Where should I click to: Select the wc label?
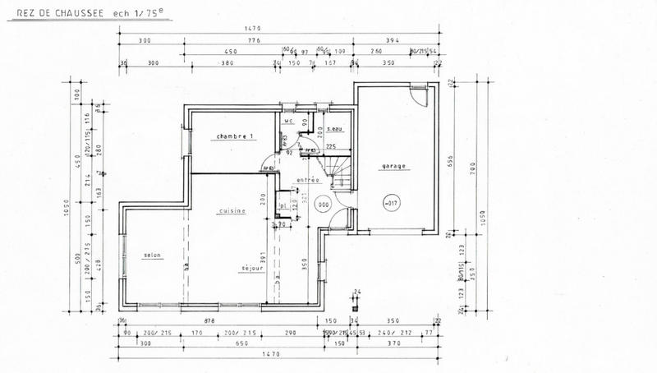coord(288,122)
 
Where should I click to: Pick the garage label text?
coord(394,166)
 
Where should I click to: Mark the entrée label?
coord(307,180)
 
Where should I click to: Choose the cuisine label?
coord(232,211)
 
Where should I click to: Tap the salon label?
coord(151,255)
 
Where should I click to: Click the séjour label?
coord(251,269)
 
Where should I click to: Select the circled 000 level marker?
coord(324,205)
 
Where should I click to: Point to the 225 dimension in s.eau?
coord(332,146)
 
